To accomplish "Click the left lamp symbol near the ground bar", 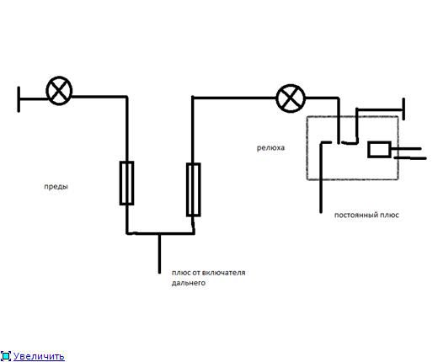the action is click(x=59, y=91).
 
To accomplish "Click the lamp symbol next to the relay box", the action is click(x=291, y=98).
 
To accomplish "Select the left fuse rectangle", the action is click(x=126, y=183).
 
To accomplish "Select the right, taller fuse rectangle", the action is click(x=194, y=189).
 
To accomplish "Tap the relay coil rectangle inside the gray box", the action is click(x=379, y=150).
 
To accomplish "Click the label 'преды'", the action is click(x=56, y=187).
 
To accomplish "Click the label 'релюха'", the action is click(x=270, y=148).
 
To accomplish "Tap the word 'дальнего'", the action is click(x=189, y=283).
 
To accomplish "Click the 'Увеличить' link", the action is click(x=39, y=356).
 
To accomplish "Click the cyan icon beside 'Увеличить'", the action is click(x=6, y=356).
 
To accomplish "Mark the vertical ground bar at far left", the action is click(x=19, y=99).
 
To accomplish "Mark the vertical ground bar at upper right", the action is click(x=403, y=109).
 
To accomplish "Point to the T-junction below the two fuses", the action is click(x=159, y=233).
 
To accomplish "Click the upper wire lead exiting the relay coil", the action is click(x=406, y=148).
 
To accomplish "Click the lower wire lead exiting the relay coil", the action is click(x=410, y=158).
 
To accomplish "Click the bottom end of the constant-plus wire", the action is click(x=321, y=212).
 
